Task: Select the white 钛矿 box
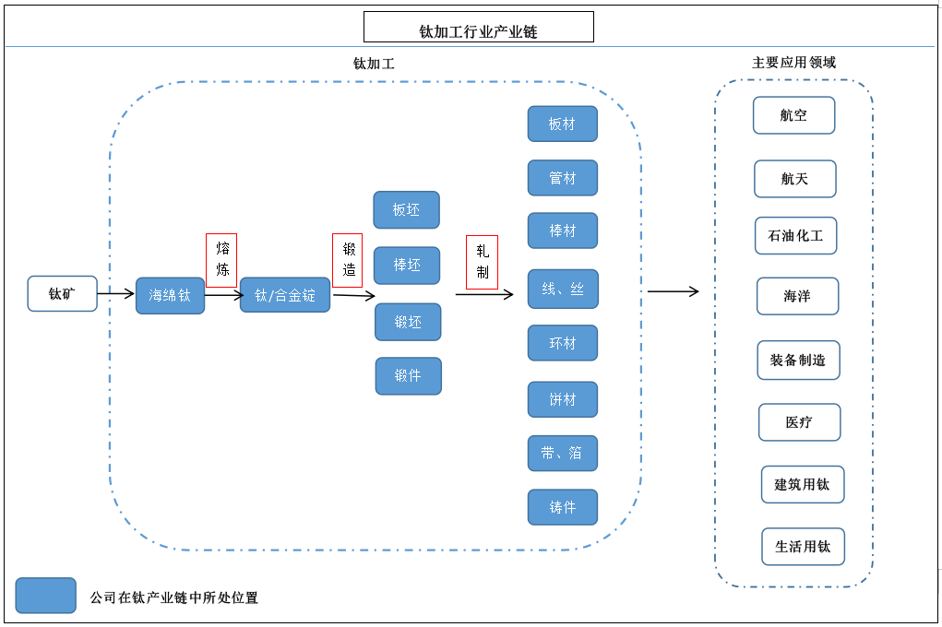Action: [62, 293]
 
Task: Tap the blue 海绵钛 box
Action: [170, 296]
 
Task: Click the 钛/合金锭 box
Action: [285, 295]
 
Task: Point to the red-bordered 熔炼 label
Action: [221, 259]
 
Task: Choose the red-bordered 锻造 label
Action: [348, 259]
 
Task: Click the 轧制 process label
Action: [482, 262]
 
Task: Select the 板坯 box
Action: [406, 210]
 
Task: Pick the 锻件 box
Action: [408, 376]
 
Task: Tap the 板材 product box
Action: [562, 124]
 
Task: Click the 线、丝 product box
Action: [562, 290]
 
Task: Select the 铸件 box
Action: [562, 507]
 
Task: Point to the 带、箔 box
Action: [562, 454]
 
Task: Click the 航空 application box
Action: [793, 116]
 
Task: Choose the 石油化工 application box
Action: [795, 235]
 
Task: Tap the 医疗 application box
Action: [799, 422]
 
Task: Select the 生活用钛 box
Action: [803, 547]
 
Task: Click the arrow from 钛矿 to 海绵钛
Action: [116, 294]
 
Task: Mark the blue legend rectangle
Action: [46, 596]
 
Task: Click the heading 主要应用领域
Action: [793, 63]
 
